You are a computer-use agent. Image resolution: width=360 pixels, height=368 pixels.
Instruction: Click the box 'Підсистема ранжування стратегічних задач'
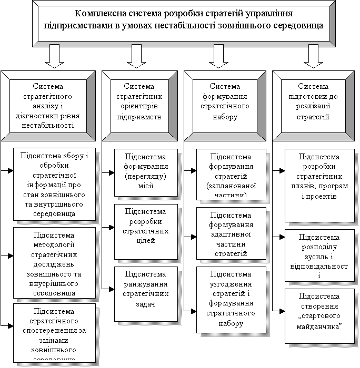coord(146,293)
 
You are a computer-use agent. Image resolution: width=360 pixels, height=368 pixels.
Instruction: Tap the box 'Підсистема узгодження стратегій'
coord(230,299)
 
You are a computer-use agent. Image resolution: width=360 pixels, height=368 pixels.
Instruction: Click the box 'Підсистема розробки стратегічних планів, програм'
coord(319,185)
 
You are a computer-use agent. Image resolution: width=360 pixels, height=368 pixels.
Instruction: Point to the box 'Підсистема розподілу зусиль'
coord(319,255)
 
